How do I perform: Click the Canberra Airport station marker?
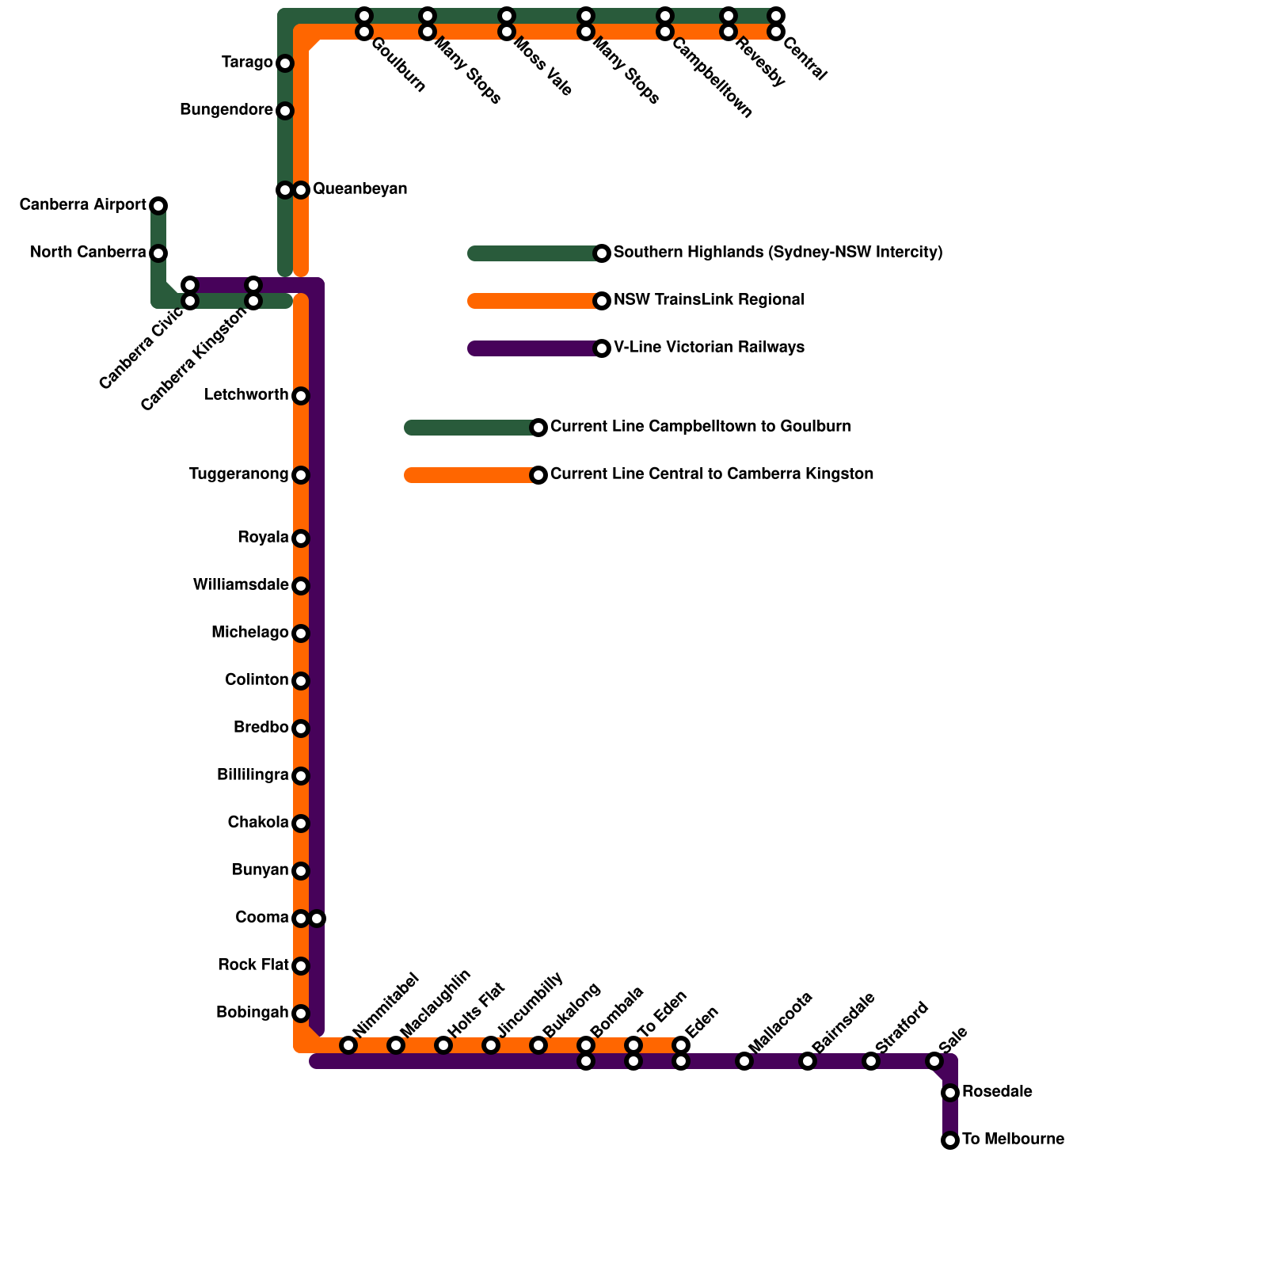[x=158, y=206]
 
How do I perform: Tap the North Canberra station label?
[x=88, y=253]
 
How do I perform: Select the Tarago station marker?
[x=285, y=63]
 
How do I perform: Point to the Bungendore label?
[x=226, y=110]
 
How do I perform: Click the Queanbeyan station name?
[x=360, y=189]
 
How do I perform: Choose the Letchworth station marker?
[x=301, y=396]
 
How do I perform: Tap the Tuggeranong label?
[x=238, y=474]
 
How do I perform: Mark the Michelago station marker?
[x=301, y=633]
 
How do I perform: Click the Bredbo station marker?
[x=301, y=729]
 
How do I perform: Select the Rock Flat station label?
[x=253, y=965]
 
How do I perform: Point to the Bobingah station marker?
[x=301, y=1014]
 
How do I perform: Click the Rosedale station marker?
[x=950, y=1093]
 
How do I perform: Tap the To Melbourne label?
[x=1012, y=1140]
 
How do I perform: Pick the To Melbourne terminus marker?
[x=950, y=1140]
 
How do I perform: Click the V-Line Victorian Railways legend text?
[x=709, y=348]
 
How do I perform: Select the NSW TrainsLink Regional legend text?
[x=709, y=300]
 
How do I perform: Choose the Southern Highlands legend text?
[x=778, y=253]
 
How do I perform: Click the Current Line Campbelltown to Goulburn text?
[x=700, y=427]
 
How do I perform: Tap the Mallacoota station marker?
[x=744, y=1061]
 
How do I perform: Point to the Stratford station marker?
[x=871, y=1061]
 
